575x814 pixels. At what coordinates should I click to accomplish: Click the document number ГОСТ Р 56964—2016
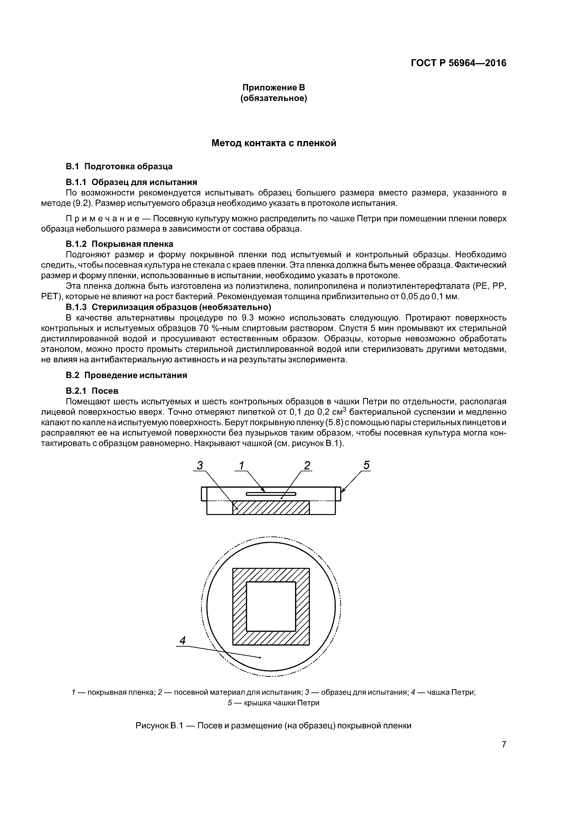458,63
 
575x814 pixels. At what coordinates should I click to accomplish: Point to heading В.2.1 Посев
92,391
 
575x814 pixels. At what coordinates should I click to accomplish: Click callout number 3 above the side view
200,465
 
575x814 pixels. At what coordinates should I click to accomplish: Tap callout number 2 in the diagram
307,465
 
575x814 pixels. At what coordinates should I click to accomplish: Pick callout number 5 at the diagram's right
366,465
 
